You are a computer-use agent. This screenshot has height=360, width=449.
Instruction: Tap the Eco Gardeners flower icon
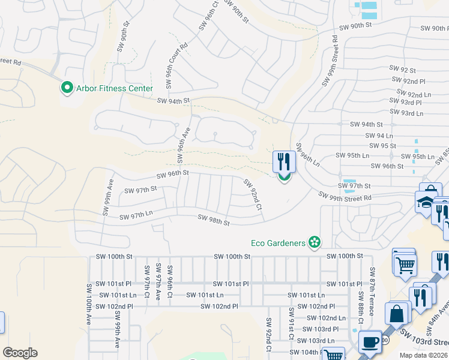(x=314, y=242)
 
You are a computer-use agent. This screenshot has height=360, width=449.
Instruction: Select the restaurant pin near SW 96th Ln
(x=284, y=163)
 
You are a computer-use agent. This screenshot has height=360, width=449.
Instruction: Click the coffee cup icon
(x=370, y=343)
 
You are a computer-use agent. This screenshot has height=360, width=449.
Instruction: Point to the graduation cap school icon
(x=425, y=202)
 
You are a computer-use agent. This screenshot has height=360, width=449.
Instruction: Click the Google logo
(x=20, y=353)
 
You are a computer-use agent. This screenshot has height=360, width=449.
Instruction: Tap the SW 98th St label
(x=214, y=222)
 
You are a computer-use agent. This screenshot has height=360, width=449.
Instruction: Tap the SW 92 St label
(x=402, y=70)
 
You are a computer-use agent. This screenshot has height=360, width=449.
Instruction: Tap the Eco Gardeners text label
(x=278, y=243)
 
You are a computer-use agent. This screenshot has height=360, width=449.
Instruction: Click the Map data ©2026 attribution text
(x=424, y=355)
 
